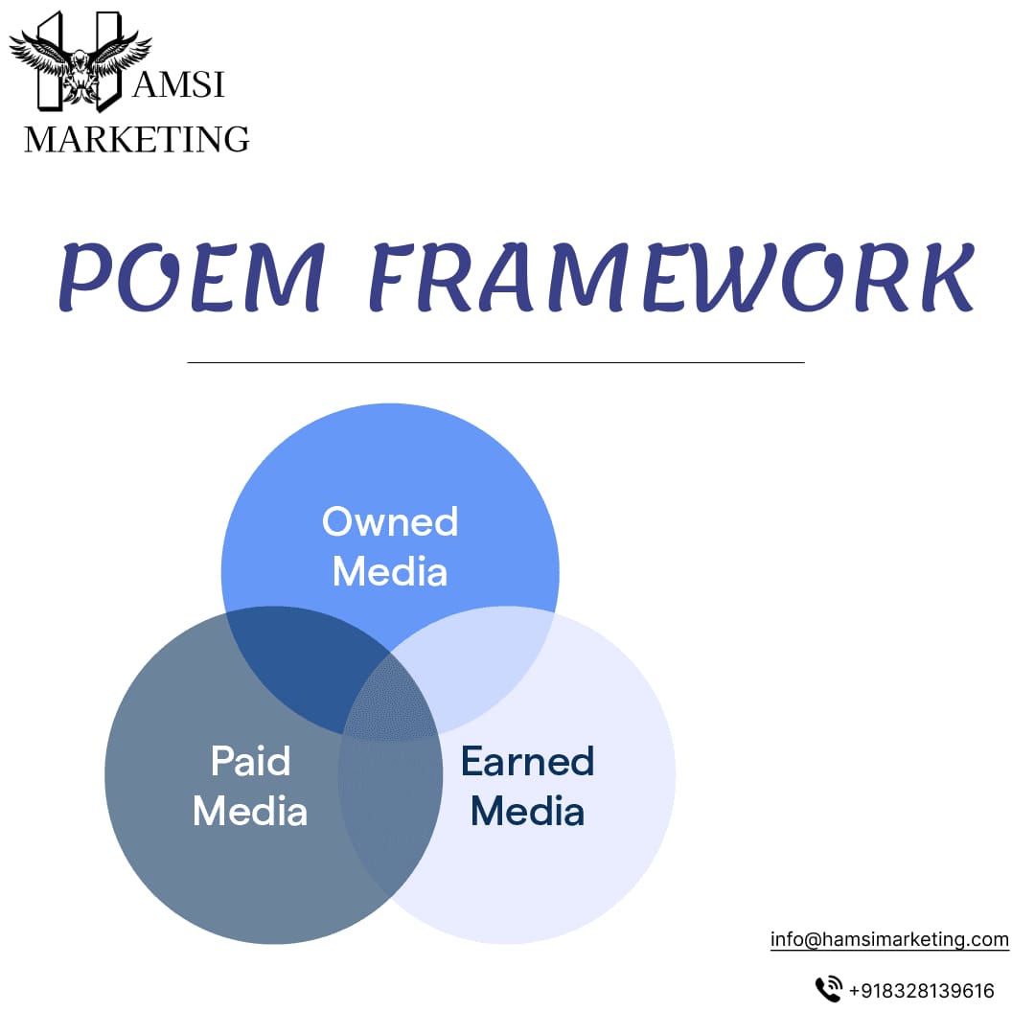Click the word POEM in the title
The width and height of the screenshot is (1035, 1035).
(x=193, y=279)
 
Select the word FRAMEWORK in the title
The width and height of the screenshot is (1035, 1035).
(x=671, y=279)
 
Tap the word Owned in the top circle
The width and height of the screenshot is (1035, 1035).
(x=390, y=522)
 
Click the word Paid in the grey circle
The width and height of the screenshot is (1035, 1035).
(x=250, y=762)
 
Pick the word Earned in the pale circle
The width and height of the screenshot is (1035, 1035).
(x=527, y=762)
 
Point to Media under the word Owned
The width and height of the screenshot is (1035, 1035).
(x=390, y=572)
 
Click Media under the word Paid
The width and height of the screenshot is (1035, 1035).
(x=250, y=812)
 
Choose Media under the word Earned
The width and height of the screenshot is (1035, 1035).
(x=527, y=812)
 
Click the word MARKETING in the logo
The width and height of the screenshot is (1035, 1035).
(x=136, y=140)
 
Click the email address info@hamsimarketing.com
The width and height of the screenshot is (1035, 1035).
(x=889, y=939)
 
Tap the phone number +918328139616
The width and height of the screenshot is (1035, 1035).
(x=921, y=991)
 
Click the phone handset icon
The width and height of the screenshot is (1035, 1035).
(x=827, y=990)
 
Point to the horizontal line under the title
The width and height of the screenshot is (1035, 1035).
(x=495, y=362)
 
